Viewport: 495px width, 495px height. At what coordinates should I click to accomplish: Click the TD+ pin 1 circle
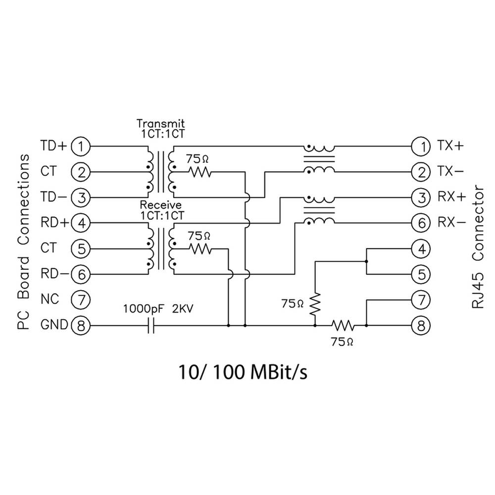80,146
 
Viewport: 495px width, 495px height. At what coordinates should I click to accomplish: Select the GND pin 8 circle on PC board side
80,326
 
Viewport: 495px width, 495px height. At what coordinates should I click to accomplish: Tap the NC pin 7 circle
80,299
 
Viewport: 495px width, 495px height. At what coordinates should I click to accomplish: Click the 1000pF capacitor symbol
151,326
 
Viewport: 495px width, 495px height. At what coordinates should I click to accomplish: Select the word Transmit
160,123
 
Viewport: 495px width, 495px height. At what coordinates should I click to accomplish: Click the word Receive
160,204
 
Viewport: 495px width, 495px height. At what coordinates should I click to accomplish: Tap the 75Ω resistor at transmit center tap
200,172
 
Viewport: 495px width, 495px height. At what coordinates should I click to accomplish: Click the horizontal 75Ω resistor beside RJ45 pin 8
343,326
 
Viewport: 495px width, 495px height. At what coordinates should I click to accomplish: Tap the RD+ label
54,223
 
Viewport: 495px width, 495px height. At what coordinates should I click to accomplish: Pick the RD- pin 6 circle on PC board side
80,274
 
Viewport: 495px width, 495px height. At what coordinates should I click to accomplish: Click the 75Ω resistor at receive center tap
200,249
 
